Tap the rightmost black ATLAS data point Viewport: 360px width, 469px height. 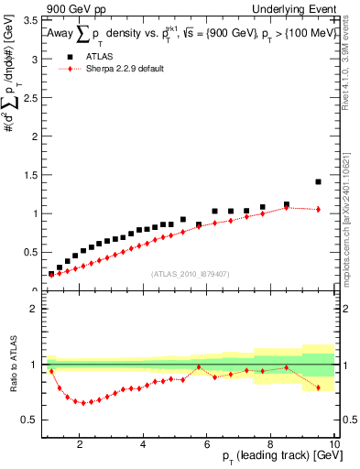(x=318, y=181)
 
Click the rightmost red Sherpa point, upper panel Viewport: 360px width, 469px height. (x=318, y=209)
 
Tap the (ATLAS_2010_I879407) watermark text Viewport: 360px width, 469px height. (x=189, y=273)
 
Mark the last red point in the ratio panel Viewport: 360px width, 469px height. (x=318, y=387)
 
